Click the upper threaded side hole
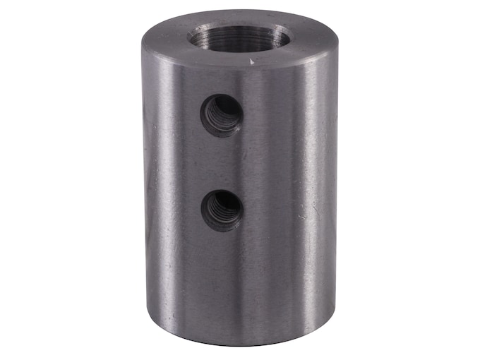pos(221,113)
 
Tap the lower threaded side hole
pos(222,209)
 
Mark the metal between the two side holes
pos(222,161)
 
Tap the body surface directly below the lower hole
pos(222,261)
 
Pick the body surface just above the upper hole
pos(221,81)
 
